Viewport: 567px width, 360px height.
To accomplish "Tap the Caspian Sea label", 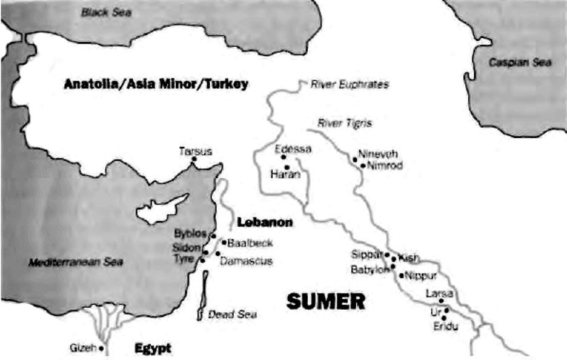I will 520,62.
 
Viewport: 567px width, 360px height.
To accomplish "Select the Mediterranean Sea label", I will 76,262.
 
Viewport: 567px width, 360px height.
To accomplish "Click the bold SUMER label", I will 325,301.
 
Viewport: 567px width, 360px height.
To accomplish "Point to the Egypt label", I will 152,348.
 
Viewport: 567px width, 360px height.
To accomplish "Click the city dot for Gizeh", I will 101,348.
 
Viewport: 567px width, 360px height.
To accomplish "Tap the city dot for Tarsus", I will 194,159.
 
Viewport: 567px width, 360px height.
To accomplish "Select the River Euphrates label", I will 350,85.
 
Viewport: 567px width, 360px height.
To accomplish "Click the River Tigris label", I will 345,123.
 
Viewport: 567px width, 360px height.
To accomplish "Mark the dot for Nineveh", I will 355,160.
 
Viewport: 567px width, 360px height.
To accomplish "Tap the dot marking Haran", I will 287,167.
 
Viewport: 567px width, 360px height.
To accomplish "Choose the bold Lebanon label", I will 265,222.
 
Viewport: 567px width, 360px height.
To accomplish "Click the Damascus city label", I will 246,261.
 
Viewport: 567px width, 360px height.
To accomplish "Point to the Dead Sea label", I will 232,314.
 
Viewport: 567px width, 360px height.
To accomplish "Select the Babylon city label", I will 370,270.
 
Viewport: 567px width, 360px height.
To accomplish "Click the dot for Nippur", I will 401,275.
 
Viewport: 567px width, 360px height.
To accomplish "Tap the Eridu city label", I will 445,327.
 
